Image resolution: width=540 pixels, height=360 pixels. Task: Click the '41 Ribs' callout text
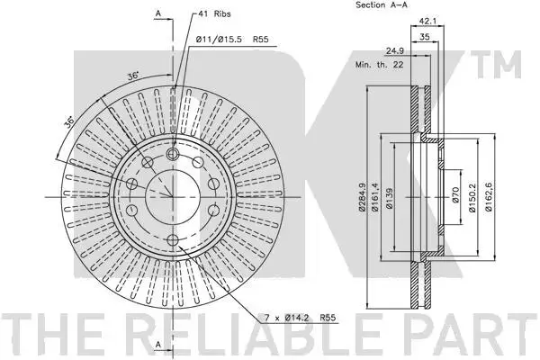click(x=214, y=14)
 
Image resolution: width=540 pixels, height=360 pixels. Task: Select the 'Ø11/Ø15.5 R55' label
click(x=231, y=40)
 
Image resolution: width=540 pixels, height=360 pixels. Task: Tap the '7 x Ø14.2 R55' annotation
click(x=300, y=318)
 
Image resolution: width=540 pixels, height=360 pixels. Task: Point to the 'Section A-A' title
click(x=381, y=4)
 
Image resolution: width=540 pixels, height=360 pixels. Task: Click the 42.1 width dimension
click(x=427, y=21)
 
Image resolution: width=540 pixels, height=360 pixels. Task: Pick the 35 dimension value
click(x=425, y=37)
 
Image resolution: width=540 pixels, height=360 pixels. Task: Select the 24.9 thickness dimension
click(x=394, y=51)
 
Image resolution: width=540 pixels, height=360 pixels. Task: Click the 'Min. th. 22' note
click(x=379, y=65)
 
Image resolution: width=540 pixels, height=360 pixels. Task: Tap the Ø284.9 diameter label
click(x=361, y=197)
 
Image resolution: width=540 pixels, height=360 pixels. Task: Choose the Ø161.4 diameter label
click(x=375, y=197)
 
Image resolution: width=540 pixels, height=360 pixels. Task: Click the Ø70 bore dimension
click(x=455, y=195)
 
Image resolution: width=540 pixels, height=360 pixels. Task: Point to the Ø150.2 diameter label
click(x=472, y=197)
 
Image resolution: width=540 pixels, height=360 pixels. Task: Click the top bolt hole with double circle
click(x=173, y=154)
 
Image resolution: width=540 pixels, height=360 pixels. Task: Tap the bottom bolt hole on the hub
click(x=173, y=239)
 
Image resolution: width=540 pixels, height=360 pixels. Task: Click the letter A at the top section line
click(x=158, y=13)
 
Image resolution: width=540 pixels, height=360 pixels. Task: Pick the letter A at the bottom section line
click(x=158, y=344)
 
